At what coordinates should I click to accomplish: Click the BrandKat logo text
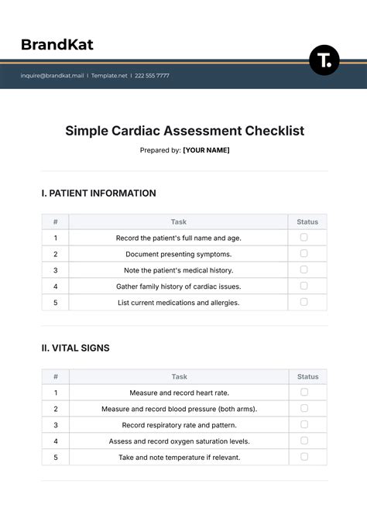coord(57,45)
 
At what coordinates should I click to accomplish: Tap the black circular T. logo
coord(324,60)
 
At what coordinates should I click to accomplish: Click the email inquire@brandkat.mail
coord(53,76)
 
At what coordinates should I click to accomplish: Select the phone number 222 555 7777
coord(153,76)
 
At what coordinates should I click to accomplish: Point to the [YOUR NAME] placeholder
coord(206,150)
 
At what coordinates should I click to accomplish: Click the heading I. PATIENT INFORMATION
coord(98,194)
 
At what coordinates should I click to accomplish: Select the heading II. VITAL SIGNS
coord(75,348)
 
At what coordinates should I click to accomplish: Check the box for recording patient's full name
coord(304,238)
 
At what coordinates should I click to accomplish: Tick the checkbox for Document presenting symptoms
coord(304,253)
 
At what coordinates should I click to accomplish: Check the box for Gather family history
coord(304,286)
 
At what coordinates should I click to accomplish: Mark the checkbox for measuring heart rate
coord(304,392)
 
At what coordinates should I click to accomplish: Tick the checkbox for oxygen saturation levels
coord(304,441)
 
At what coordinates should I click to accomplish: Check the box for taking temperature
coord(304,456)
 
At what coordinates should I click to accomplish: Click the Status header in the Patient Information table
coord(307,221)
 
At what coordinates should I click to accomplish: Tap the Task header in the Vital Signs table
coord(179,377)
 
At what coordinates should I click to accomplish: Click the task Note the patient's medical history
coord(178,270)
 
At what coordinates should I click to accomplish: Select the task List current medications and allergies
coord(178,302)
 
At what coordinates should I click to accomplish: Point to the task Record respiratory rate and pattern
coord(179,425)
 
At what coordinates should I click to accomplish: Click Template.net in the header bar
coord(108,76)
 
